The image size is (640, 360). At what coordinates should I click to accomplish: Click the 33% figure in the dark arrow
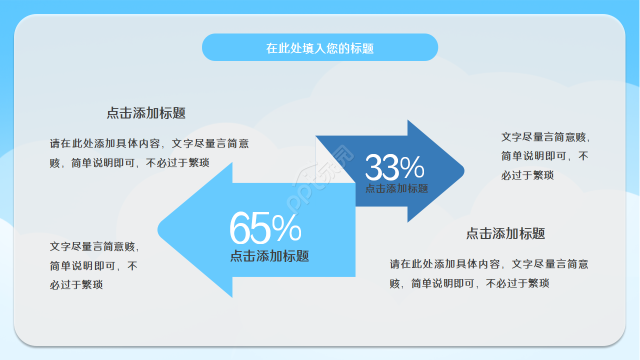pos(394,168)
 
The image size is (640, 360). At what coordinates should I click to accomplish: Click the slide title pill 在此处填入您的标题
pos(320,48)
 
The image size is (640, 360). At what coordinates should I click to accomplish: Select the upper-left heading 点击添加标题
pos(146,113)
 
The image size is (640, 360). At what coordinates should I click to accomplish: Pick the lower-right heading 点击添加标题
pos(505,233)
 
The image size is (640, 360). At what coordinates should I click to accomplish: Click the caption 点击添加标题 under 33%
pos(396,189)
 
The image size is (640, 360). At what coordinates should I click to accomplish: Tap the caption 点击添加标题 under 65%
pos(269,256)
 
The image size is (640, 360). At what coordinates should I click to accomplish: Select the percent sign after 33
pos(412,168)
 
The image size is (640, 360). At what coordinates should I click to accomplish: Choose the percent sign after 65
pos(287,229)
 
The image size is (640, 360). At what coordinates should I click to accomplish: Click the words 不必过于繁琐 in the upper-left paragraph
pos(177,163)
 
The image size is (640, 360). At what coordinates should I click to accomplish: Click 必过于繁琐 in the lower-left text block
pos(76,285)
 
